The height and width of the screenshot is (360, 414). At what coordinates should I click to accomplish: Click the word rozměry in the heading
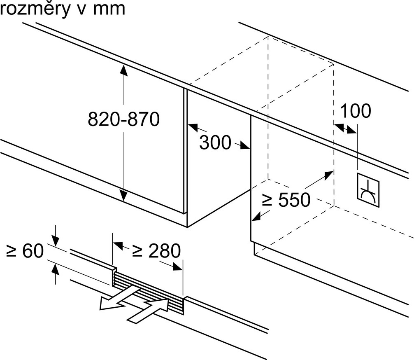coord(35,9)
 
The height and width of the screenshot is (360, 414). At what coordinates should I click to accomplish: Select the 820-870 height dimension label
coord(123,119)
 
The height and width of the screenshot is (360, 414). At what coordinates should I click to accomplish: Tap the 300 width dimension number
coord(215,143)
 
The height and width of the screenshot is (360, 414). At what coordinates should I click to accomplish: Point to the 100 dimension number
coord(356,111)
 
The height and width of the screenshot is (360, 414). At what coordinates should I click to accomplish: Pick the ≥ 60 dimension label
coord(25,251)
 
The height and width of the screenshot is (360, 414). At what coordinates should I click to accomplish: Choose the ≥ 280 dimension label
coord(156,250)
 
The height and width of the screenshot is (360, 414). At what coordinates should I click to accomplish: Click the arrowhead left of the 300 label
coord(192,126)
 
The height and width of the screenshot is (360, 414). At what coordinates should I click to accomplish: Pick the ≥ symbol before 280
coord(138,251)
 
